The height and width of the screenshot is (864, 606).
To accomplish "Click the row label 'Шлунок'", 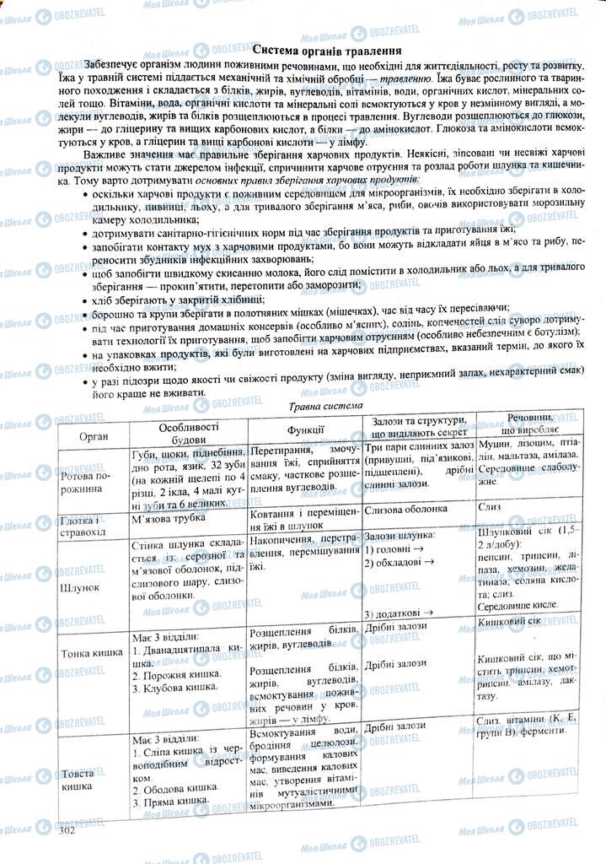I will [82, 585].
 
